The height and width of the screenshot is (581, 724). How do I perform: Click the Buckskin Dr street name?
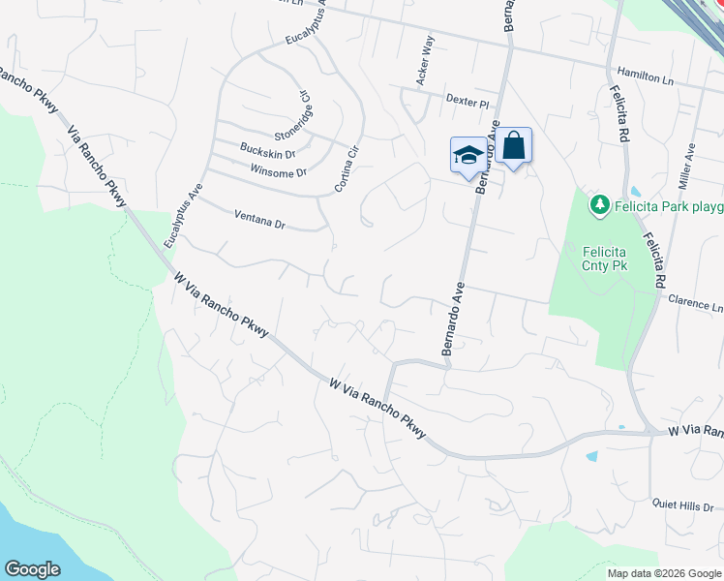point(268,152)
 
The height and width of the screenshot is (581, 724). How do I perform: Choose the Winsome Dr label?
point(278,172)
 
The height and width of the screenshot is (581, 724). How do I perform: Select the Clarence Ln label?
point(696,304)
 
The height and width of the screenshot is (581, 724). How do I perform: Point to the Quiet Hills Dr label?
point(681,505)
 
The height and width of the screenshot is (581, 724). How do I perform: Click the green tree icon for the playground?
point(600,205)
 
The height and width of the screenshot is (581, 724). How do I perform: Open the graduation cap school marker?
point(468,154)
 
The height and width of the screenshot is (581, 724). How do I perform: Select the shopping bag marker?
point(514,146)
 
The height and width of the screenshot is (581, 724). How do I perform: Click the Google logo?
point(33,569)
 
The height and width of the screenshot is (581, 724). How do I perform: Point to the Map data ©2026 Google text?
point(664,573)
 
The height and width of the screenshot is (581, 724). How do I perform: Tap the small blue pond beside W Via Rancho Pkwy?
point(591,455)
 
